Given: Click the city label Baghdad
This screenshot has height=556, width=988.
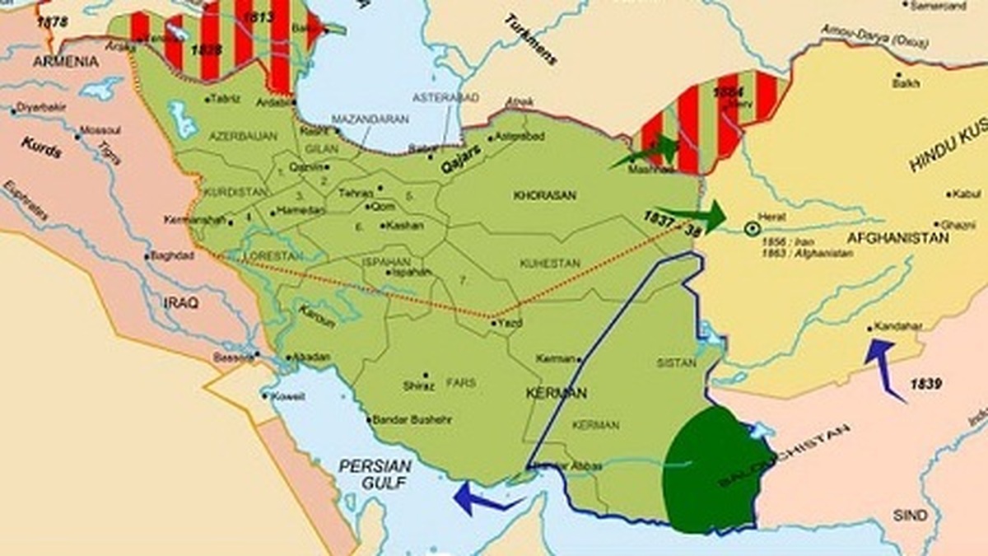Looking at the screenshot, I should (172, 255).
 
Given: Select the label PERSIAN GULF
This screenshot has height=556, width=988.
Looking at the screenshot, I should (375, 474).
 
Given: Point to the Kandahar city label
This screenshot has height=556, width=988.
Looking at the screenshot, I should (897, 326).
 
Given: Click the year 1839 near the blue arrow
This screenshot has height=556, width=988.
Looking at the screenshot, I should (926, 383).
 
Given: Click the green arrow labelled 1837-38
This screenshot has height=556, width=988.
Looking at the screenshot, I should (696, 216).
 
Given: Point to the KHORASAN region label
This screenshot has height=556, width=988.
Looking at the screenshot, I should (544, 196).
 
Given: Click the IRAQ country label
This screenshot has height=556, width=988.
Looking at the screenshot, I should (181, 302).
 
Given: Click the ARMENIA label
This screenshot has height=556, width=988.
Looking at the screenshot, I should (66, 62).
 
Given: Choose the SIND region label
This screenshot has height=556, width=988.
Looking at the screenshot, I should (910, 516).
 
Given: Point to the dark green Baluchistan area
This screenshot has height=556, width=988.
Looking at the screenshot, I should (712, 470).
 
